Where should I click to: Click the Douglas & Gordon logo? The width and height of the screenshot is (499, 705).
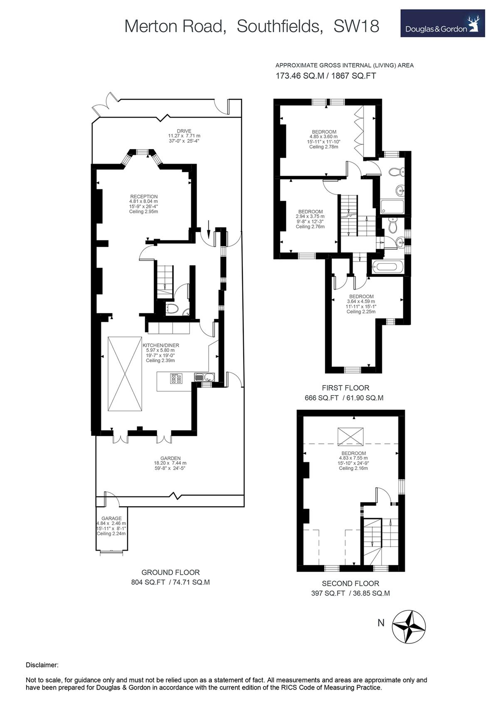[x=442, y=23]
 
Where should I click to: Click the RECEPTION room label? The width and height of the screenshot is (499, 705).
[x=143, y=197]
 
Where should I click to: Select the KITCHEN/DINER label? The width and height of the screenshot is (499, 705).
[x=161, y=345]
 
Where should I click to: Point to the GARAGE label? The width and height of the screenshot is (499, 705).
[x=111, y=518]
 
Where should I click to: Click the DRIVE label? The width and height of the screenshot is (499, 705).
[x=184, y=131]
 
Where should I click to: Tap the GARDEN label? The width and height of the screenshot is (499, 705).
[x=170, y=458]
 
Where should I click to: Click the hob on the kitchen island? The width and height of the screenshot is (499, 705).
[x=176, y=378]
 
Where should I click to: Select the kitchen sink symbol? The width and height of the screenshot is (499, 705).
[x=205, y=377]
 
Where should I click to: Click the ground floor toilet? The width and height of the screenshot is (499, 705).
[x=172, y=308]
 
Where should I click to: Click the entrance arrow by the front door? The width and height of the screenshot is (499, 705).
[x=208, y=230]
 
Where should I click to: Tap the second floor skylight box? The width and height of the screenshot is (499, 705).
[x=350, y=436]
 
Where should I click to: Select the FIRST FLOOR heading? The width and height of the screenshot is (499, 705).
[x=345, y=388]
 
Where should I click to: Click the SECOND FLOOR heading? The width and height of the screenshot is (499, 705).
[x=350, y=583]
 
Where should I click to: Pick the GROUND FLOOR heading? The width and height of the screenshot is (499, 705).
[x=170, y=572]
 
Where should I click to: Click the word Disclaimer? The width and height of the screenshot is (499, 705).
[x=42, y=665]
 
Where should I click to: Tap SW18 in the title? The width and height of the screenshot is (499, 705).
[x=356, y=26]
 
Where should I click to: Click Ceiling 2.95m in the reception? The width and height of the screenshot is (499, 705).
[x=143, y=211]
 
